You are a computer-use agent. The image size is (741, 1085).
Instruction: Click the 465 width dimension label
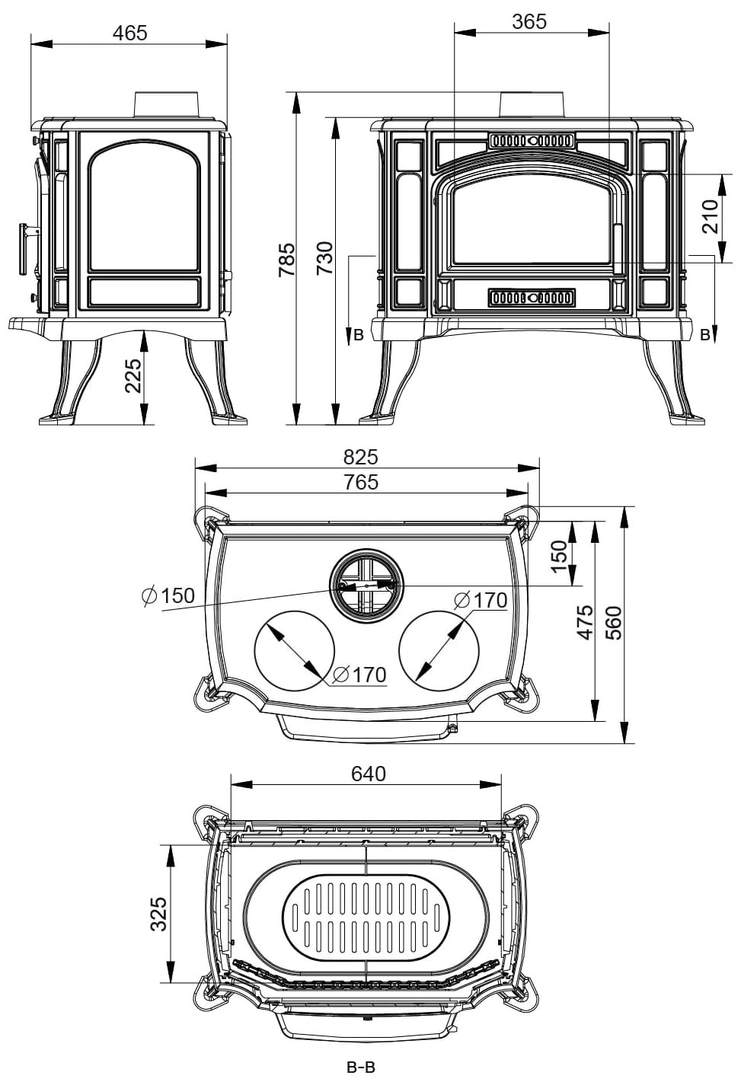click(x=129, y=33)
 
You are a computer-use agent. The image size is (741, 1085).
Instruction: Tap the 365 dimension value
click(x=529, y=21)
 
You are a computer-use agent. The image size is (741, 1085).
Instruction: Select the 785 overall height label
click(x=286, y=259)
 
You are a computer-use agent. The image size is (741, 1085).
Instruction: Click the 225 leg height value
click(x=133, y=375)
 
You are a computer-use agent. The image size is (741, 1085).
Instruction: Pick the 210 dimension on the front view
click(x=710, y=216)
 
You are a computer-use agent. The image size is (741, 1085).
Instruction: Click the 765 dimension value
click(x=360, y=482)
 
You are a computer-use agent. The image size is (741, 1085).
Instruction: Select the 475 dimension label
click(x=585, y=622)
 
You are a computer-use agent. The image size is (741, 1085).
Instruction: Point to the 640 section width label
click(x=369, y=774)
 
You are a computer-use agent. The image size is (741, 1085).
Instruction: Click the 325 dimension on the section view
click(x=158, y=914)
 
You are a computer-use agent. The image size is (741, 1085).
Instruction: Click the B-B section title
click(x=361, y=1068)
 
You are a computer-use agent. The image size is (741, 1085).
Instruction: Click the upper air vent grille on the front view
click(x=532, y=141)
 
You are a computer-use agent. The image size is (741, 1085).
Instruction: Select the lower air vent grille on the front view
click(x=532, y=297)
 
